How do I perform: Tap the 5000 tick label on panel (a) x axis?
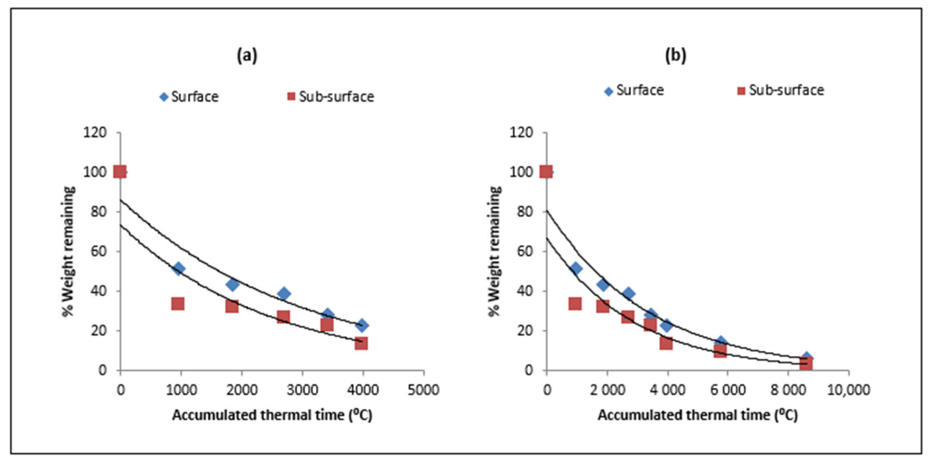[x=423, y=390]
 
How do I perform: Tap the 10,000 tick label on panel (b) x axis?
[x=848, y=390]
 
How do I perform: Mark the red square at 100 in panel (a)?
[x=120, y=172]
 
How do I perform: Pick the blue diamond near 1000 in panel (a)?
[x=178, y=269]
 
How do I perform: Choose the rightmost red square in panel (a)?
[x=361, y=343]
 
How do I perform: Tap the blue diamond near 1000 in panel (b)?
[x=576, y=269]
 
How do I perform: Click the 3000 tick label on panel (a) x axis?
[x=302, y=390]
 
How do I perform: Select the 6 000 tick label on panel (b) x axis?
[x=727, y=390]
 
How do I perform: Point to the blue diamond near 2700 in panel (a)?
[x=284, y=293]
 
